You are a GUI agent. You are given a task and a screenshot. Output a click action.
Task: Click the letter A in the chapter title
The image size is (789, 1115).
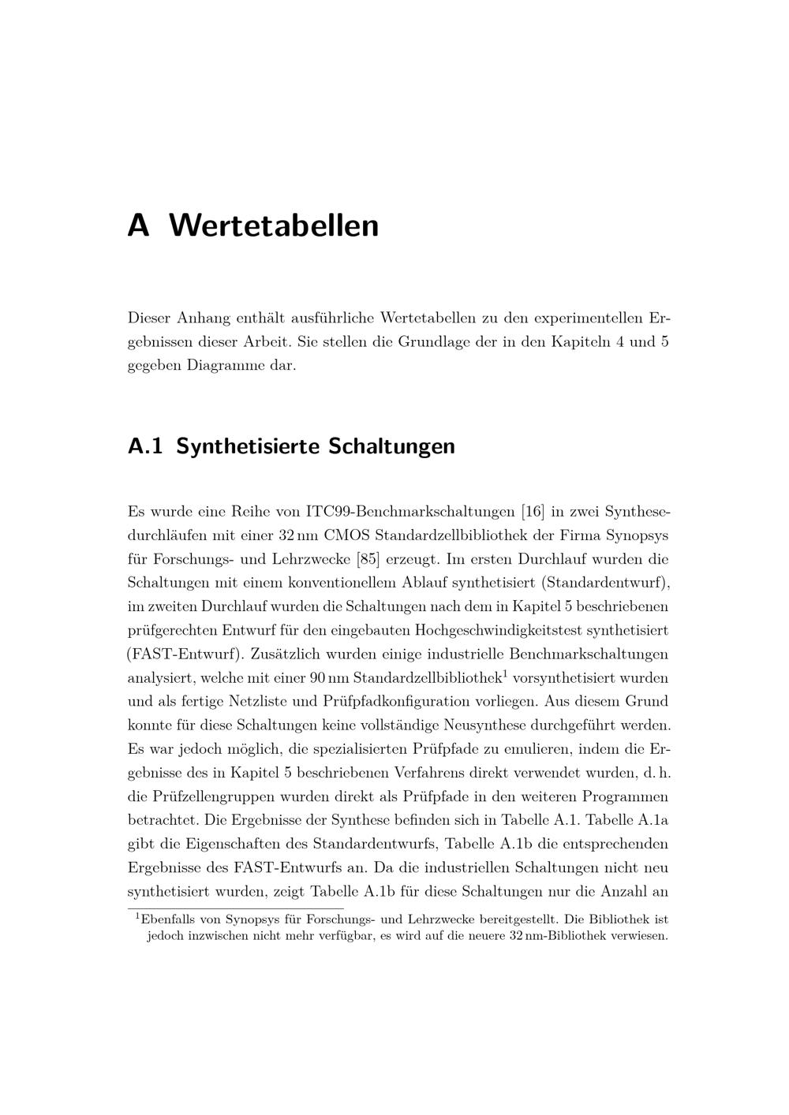tap(138, 226)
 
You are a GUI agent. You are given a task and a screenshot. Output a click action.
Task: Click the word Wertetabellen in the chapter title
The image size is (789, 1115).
tap(274, 226)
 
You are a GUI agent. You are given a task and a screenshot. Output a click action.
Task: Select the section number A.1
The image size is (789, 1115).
tap(144, 446)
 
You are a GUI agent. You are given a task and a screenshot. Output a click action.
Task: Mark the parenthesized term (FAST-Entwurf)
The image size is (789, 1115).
tap(186, 654)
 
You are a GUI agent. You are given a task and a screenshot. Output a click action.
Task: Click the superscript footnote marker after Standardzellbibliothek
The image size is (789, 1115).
tap(505, 673)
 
